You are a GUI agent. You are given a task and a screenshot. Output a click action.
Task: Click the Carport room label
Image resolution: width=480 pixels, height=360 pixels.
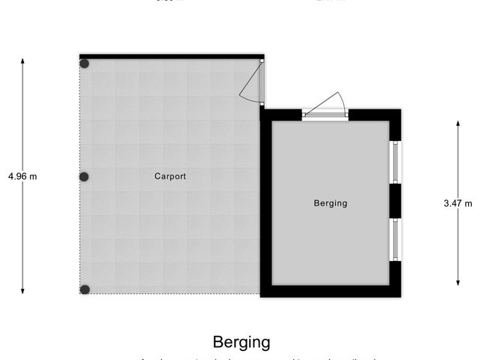pyautogui.click(x=170, y=177)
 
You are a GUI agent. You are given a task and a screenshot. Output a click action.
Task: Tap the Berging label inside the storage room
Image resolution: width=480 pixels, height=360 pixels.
pyautogui.click(x=330, y=203)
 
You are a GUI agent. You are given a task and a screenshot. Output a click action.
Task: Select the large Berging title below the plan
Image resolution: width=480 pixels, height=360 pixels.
pyautogui.click(x=241, y=343)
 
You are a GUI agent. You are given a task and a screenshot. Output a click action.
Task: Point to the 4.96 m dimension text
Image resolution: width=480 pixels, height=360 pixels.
pyautogui.click(x=22, y=177)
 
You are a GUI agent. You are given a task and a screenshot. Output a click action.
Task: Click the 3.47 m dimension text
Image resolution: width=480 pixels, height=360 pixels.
pyautogui.click(x=458, y=203)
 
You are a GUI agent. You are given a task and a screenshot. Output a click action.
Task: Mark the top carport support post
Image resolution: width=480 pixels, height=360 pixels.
pyautogui.click(x=85, y=64)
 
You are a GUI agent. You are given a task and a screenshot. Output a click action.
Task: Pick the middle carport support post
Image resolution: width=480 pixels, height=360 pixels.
pyautogui.click(x=85, y=177)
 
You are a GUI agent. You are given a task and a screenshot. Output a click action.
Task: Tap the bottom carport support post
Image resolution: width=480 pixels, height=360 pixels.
pyautogui.click(x=85, y=289)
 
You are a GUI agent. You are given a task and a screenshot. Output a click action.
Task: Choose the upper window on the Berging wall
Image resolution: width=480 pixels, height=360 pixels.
pyautogui.click(x=394, y=162)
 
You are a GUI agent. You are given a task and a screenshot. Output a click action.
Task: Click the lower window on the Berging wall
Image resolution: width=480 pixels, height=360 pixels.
pyautogui.click(x=394, y=240)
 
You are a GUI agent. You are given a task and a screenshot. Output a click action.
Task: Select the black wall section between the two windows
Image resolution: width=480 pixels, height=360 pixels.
pyautogui.click(x=394, y=201)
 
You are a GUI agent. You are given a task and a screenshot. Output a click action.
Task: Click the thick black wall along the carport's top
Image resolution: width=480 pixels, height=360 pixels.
pyautogui.click(x=171, y=56)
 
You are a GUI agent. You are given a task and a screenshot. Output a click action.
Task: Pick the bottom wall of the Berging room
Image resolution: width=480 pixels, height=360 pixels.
pyautogui.click(x=330, y=291)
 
